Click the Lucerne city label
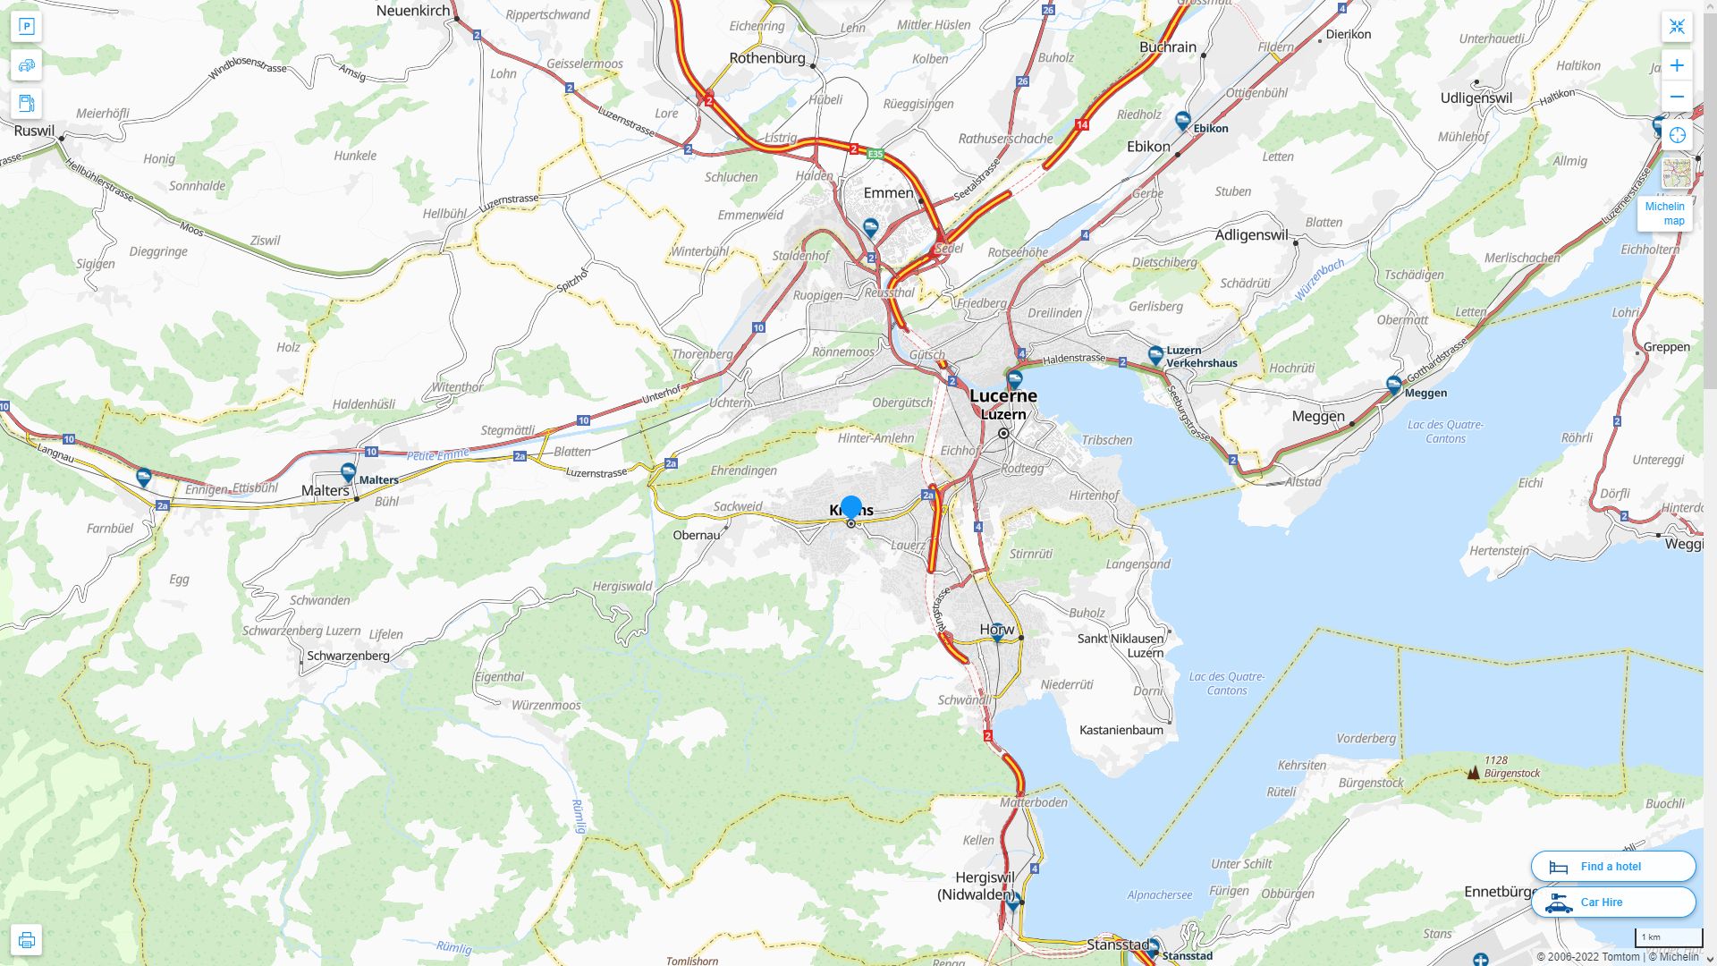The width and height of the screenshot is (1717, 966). (1003, 395)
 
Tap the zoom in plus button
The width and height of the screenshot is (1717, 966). (1677, 65)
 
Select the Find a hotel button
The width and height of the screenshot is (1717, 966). (1612, 866)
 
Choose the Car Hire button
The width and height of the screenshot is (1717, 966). (1612, 902)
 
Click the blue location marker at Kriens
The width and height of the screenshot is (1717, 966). (851, 507)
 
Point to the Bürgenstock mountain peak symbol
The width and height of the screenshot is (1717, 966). (1473, 772)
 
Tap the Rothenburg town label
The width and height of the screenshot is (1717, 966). (767, 58)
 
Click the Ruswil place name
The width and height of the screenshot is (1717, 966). (35, 131)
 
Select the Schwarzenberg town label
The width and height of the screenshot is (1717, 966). (348, 656)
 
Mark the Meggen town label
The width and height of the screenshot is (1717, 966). (1318, 416)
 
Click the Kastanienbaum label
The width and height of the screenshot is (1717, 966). (1121, 730)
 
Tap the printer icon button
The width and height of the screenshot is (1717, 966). (27, 939)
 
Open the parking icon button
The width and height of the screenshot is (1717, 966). (27, 27)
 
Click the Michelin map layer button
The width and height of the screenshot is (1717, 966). (1665, 213)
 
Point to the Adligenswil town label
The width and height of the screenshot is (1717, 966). (1252, 235)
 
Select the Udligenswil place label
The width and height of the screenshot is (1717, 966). (1476, 98)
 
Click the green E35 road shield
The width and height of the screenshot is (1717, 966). (875, 154)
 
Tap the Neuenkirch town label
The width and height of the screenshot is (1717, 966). (413, 11)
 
